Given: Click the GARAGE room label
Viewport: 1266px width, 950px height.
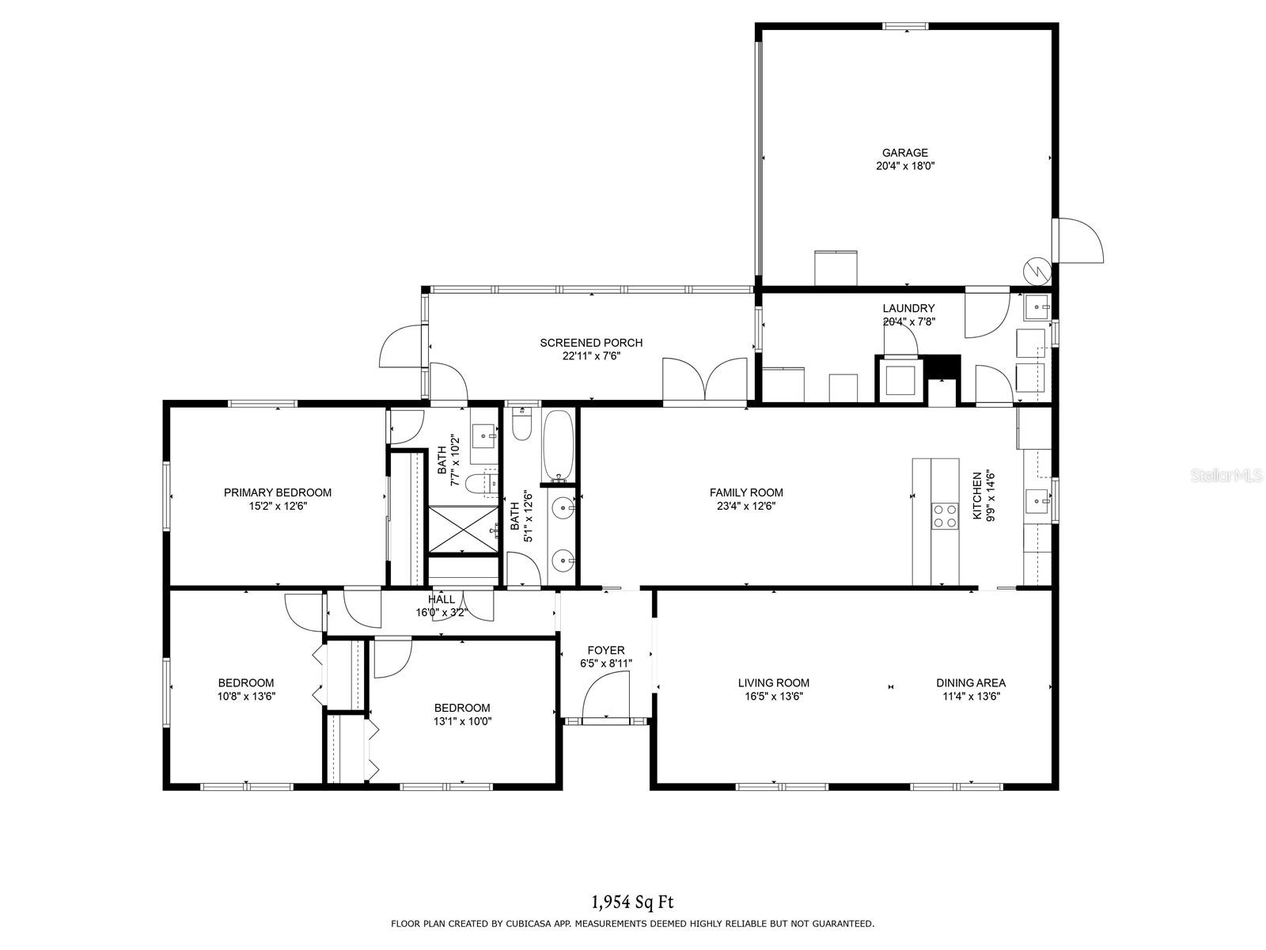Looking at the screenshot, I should [x=905, y=153].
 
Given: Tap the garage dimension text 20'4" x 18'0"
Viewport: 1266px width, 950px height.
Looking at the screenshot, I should [x=905, y=166].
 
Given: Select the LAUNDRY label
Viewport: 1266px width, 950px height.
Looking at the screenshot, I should [x=908, y=308].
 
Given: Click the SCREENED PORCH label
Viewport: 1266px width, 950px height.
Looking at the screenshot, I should [x=591, y=343].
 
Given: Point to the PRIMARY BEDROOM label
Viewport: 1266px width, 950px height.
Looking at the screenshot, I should [x=277, y=492].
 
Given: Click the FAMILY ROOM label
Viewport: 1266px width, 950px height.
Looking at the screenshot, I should [x=746, y=492].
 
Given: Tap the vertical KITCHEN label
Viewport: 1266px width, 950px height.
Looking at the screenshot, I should [x=977, y=496].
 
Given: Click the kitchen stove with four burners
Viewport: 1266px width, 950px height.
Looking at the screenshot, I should [x=945, y=516].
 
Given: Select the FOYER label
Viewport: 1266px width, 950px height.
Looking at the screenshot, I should [x=606, y=650].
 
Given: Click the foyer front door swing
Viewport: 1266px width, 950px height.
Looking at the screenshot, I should [x=605, y=696].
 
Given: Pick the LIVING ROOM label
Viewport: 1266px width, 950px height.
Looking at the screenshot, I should [x=773, y=682].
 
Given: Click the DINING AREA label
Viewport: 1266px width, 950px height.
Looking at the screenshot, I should [x=971, y=682].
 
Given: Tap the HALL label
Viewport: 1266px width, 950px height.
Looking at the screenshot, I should [x=442, y=599].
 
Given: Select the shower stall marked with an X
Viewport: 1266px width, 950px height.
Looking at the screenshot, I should [x=463, y=528].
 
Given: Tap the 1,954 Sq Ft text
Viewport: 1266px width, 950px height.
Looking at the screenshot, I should [x=632, y=902].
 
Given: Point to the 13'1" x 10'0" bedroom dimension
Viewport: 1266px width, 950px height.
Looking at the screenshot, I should [x=462, y=721].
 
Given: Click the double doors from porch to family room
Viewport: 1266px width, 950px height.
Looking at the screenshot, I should [x=705, y=382].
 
